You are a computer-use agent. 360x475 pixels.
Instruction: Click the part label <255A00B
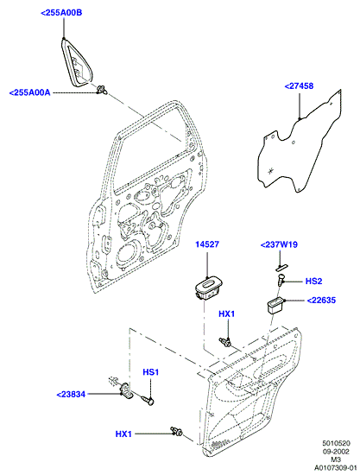[60, 13]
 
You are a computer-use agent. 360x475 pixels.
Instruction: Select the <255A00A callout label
[29, 92]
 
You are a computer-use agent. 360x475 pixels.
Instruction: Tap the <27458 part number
[299, 86]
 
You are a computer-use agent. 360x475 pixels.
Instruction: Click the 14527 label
[207, 244]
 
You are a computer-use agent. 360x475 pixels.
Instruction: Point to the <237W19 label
[279, 244]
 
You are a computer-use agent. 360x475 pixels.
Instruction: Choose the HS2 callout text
[313, 282]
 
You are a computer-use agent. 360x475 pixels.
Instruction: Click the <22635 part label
[321, 301]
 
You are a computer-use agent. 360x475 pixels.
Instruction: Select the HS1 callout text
[151, 372]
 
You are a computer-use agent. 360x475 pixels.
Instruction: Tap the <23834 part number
[71, 395]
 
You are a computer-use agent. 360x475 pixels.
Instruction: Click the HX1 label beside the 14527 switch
[227, 313]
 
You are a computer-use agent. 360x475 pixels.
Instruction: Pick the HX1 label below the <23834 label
[123, 434]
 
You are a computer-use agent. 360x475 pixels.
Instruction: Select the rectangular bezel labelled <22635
[275, 306]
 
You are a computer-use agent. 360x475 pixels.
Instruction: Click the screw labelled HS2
[281, 279]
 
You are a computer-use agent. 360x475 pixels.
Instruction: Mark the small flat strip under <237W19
[281, 267]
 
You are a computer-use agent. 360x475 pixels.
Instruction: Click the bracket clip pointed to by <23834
[126, 390]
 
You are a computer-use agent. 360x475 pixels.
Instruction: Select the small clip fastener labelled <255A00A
[101, 90]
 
